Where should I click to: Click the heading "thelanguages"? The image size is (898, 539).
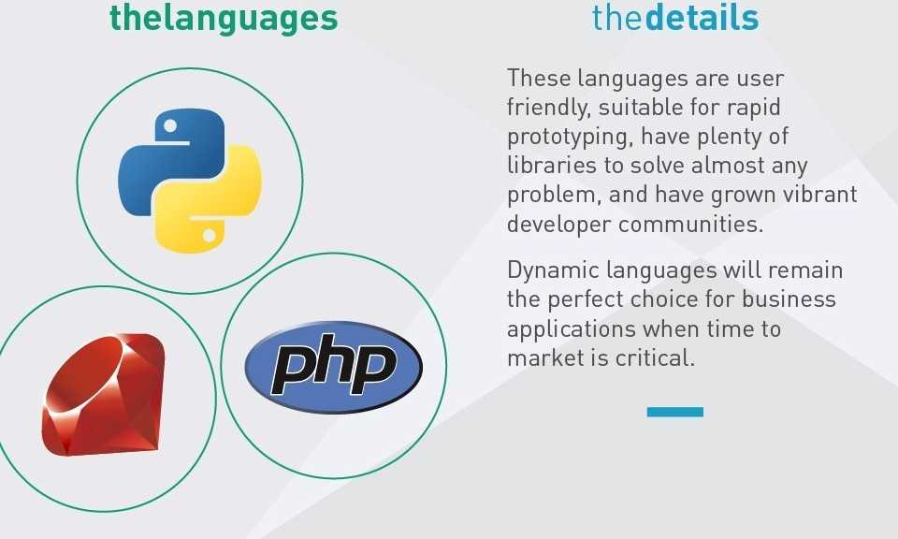(224, 18)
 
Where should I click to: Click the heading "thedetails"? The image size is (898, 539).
(675, 17)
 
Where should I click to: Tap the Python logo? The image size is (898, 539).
(190, 181)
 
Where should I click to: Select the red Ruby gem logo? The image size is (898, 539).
(104, 395)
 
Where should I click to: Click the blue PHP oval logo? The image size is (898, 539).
(333, 367)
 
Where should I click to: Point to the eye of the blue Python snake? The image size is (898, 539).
(170, 125)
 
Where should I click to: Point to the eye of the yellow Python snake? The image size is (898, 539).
(209, 235)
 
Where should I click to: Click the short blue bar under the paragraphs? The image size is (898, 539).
(675, 412)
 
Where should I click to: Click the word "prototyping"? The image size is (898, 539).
(570, 138)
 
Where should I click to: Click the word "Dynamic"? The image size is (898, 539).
(553, 270)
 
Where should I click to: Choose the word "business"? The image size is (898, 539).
(789, 299)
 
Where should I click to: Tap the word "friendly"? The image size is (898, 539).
(548, 108)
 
